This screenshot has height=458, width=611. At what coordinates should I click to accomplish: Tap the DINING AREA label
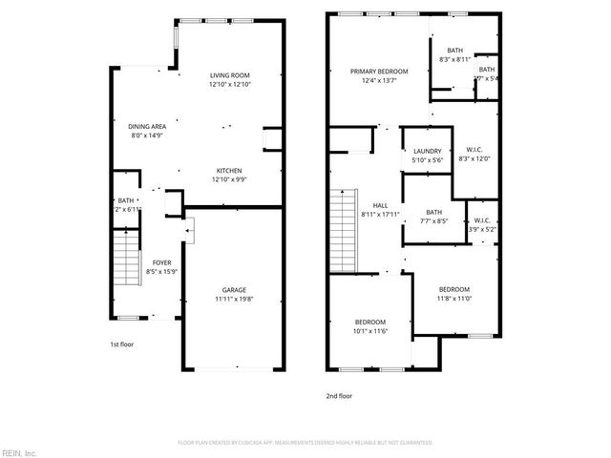(147, 126)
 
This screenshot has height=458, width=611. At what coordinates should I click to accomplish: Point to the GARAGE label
(235, 289)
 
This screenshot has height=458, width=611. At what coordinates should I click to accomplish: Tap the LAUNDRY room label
(426, 151)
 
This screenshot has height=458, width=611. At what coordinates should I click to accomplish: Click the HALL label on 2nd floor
(379, 204)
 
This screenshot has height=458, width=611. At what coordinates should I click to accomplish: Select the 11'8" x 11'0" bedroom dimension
(453, 300)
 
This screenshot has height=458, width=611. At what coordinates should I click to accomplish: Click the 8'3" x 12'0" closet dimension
(474, 158)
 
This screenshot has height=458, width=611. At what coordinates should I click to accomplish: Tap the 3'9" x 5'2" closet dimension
(482, 229)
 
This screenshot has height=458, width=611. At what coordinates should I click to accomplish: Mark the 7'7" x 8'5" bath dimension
(434, 222)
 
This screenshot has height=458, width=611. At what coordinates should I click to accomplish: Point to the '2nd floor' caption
(339, 395)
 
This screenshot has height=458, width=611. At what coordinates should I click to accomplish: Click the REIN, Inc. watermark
(19, 451)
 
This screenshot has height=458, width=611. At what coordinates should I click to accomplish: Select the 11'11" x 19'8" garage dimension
(235, 299)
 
